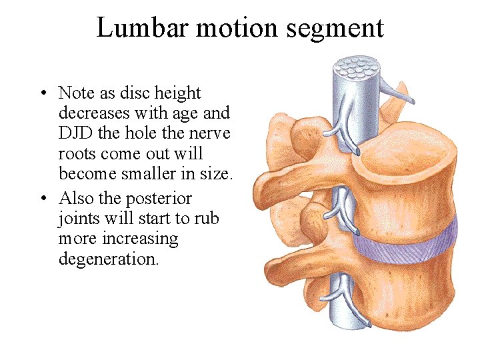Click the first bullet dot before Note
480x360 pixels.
point(41,93)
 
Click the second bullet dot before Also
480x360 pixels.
point(41,199)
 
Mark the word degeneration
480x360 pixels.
point(109,259)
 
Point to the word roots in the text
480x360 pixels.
point(77,153)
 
